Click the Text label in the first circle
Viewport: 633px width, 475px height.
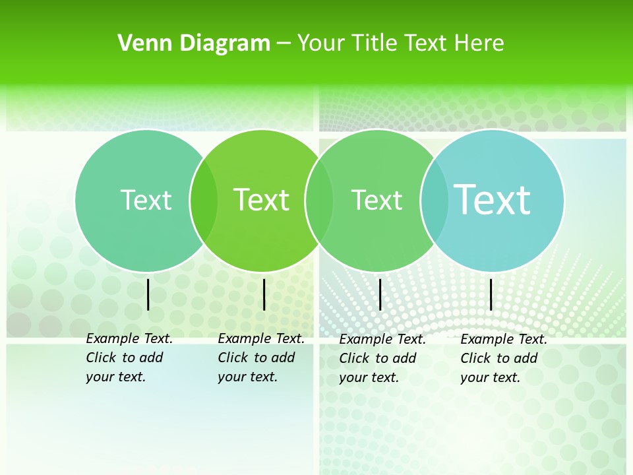tap(146, 200)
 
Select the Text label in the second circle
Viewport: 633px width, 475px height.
tap(262, 200)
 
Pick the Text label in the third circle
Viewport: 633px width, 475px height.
tap(377, 200)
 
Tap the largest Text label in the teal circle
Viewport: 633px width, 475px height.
tap(493, 199)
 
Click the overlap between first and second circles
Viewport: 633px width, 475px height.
tap(204, 200)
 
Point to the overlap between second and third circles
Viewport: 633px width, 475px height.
tap(319, 200)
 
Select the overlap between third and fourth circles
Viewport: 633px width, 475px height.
tap(434, 200)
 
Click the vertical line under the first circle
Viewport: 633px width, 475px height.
tap(148, 294)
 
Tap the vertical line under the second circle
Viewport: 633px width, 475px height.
tap(264, 294)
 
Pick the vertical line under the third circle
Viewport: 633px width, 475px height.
tap(380, 294)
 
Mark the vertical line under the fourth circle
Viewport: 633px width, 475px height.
tap(491, 294)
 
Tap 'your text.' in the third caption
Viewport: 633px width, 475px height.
tap(369, 378)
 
